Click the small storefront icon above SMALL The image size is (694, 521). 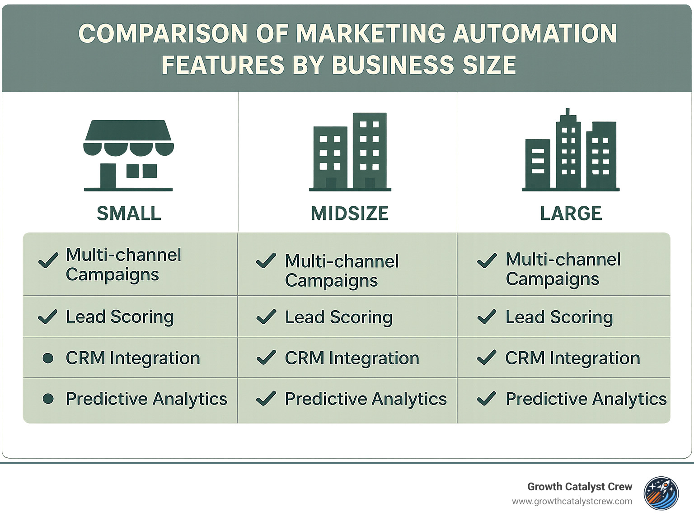coord(128,155)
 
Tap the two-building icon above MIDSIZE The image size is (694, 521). coord(350,152)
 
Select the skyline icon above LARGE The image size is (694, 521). coord(571,150)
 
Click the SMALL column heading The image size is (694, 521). coord(129,214)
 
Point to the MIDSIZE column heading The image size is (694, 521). coord(350,214)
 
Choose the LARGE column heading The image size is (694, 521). coord(571,214)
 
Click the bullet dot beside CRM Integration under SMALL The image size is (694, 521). coord(48,358)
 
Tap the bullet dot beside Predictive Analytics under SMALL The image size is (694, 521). coord(48,399)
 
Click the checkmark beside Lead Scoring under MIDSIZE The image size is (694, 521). coord(266,317)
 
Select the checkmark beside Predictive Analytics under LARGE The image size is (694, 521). coord(487,399)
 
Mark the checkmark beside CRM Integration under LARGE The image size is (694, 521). coord(487,358)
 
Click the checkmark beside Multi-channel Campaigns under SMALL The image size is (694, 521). coord(48,260)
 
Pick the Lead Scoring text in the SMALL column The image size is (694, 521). coord(120,317)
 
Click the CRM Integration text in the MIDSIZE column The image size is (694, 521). coord(352,358)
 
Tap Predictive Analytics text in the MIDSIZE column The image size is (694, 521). coord(366,399)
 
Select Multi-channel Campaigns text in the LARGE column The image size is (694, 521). coord(563,269)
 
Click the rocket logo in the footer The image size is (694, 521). coord(661,493)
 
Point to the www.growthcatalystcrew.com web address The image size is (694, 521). coord(572,502)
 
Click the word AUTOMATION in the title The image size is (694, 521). coord(535,34)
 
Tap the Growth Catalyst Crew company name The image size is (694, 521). coord(580,487)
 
